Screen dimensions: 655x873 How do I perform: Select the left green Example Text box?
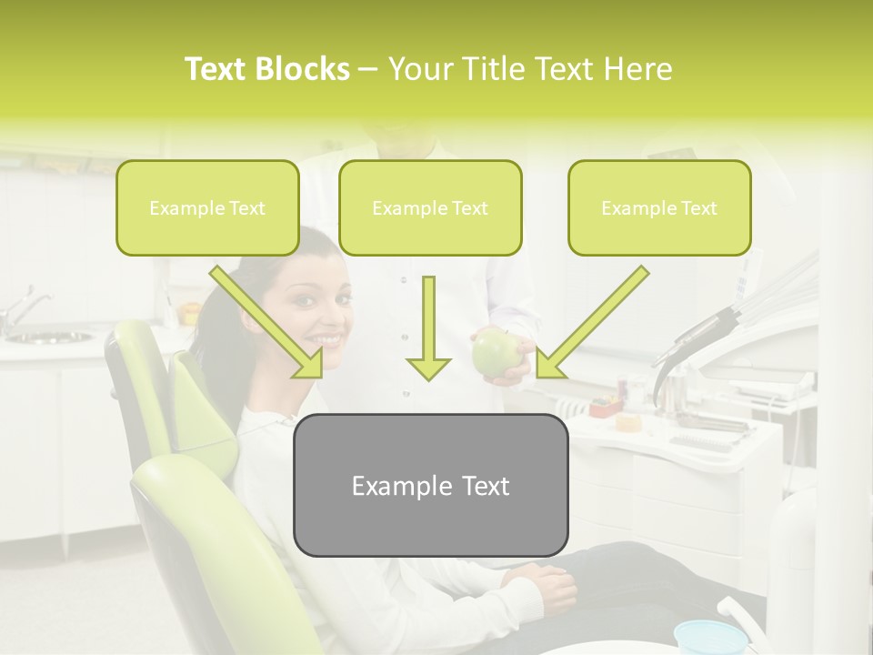tap(207, 207)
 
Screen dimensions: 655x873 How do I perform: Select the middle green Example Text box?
tap(430, 207)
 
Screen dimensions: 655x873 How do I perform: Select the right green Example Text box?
tap(659, 207)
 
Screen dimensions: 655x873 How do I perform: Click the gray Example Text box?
tap(430, 485)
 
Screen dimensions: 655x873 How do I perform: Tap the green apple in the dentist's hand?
tap(493, 352)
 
